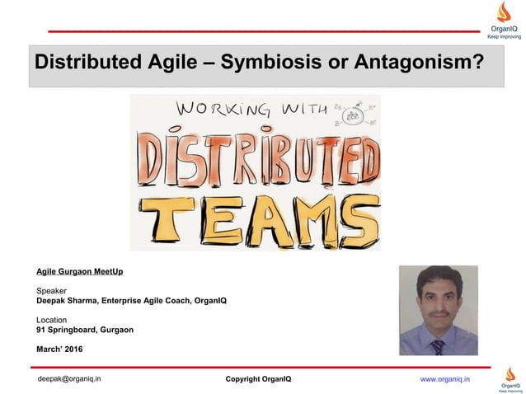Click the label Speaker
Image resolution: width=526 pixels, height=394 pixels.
[x=51, y=290]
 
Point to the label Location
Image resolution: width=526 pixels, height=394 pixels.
[x=52, y=320]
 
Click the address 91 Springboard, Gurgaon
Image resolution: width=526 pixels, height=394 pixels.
[x=84, y=330]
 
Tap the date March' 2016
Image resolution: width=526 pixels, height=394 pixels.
[x=59, y=349]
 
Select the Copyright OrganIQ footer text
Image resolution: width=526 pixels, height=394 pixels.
[x=258, y=379]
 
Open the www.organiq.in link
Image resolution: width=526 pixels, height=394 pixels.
[x=445, y=378]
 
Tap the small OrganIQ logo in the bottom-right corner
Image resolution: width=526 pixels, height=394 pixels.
[x=509, y=382]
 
